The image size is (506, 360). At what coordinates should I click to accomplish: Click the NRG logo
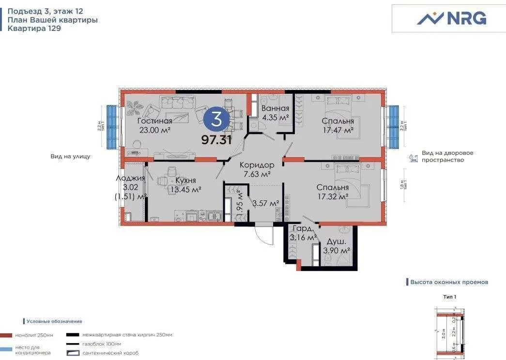(451, 18)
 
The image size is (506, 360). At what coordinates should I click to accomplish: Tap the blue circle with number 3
(216, 119)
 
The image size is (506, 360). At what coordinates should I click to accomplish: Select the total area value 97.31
(216, 140)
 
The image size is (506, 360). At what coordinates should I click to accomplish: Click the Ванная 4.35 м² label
(275, 113)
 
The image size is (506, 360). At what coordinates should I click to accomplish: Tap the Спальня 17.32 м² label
(333, 192)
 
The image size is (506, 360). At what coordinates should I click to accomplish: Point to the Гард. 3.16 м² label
(303, 233)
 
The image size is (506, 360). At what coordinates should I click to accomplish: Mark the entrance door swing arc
(264, 236)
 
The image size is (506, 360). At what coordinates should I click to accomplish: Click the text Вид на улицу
(70, 156)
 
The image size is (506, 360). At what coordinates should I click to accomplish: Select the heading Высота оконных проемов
(449, 282)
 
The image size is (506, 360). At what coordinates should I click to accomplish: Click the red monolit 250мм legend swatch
(6, 335)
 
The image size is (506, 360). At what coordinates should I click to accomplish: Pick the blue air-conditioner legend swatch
(6, 349)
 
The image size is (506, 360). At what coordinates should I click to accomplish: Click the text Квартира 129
(34, 28)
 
